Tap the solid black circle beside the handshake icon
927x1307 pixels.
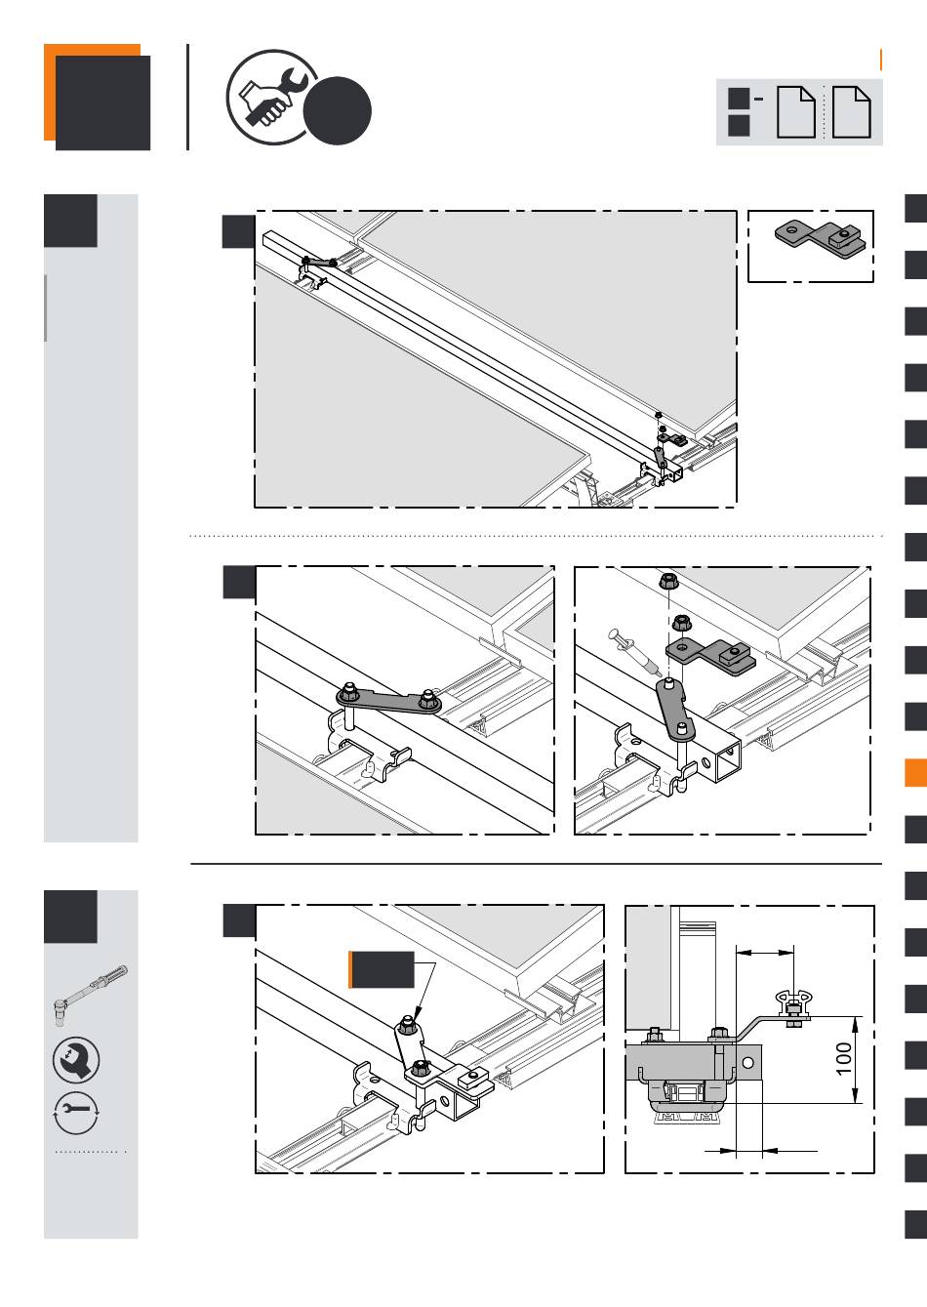coord(337,110)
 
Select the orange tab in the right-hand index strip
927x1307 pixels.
coord(915,773)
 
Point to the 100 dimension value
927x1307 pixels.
coord(844,1059)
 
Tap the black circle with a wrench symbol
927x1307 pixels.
coord(76,1060)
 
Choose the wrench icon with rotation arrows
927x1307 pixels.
coord(76,1112)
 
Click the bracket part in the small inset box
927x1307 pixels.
coord(820,235)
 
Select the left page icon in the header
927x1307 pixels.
coord(795,112)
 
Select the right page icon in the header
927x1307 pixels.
coord(852,112)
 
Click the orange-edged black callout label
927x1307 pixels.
coord(382,968)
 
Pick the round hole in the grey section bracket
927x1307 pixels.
coord(748,1061)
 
